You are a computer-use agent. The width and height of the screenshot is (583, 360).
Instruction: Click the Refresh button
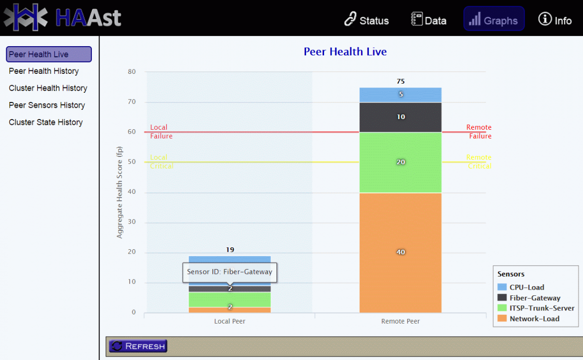click(138, 346)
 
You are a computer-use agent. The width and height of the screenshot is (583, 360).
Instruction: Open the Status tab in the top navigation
click(366, 20)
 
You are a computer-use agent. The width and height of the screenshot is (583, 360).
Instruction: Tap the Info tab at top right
click(555, 20)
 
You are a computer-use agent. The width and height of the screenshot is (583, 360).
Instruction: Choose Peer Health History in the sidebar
click(44, 71)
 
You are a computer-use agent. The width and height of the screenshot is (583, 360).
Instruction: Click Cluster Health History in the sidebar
click(48, 88)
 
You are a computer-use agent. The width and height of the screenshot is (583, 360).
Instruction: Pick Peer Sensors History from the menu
click(47, 105)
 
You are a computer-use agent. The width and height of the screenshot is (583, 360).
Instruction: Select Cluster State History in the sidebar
click(46, 122)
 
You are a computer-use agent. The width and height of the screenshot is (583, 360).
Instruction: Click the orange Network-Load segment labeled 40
click(400, 252)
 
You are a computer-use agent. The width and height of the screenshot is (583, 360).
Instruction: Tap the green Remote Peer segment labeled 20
click(400, 162)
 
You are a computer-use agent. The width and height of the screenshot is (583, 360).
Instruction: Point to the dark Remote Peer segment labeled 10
click(400, 117)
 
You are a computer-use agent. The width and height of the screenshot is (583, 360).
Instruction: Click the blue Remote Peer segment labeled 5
click(400, 95)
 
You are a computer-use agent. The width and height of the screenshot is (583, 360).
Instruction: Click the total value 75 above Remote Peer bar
click(400, 81)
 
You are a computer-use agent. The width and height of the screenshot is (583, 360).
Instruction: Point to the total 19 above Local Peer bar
click(230, 250)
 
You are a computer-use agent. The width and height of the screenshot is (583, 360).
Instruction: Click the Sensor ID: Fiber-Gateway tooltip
click(229, 272)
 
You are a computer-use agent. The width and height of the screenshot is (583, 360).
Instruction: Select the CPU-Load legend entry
click(526, 287)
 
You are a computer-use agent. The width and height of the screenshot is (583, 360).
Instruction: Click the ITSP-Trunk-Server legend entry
click(541, 308)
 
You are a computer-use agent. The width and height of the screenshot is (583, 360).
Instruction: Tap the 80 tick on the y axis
click(132, 72)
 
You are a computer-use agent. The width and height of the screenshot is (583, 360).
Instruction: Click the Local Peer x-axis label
click(230, 321)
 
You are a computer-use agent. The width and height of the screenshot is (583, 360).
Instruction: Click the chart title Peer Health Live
click(345, 51)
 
